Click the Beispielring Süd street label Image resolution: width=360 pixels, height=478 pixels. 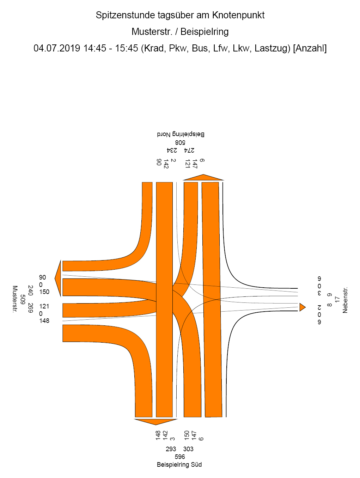(179, 465)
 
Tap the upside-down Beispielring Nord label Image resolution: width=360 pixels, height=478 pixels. (181, 134)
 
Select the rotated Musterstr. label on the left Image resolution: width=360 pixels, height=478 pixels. (15, 299)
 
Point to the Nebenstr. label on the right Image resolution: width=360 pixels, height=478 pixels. (345, 300)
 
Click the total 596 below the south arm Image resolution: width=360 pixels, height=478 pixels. (180, 456)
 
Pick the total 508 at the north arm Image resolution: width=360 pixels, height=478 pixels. (180, 143)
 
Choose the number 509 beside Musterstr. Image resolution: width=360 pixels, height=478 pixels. (23, 299)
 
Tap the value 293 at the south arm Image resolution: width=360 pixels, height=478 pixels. (171, 449)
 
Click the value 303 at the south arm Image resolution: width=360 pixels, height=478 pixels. (188, 449)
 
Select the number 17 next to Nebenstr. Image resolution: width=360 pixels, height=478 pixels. (337, 299)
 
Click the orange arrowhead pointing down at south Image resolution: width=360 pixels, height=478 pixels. (155, 422)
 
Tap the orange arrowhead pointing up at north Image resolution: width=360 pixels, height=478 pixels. (203, 177)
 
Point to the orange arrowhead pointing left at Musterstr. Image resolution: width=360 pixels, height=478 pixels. (58, 278)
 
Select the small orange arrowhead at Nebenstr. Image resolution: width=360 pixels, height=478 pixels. (302, 307)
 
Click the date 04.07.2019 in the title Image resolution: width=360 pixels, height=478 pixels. (57, 48)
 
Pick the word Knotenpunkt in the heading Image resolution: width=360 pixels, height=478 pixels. (238, 15)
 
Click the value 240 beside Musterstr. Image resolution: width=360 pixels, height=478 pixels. (30, 290)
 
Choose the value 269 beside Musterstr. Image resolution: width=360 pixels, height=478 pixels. (30, 308)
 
